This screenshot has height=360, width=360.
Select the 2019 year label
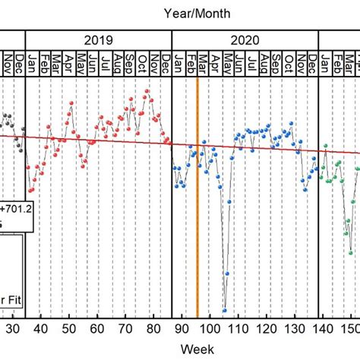pyautogui.click(x=99, y=40)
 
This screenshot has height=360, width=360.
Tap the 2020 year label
pyautogui.click(x=245, y=40)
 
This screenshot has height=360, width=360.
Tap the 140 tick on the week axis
pyautogui.click(x=323, y=328)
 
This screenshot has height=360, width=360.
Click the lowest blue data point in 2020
pyautogui.click(x=225, y=310)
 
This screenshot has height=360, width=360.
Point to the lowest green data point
pyautogui.click(x=350, y=254)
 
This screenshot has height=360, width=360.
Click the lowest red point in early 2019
pyautogui.click(x=30, y=191)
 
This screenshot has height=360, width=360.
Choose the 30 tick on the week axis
pyautogui.click(x=13, y=328)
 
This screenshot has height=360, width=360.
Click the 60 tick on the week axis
pyautogui.click(x=97, y=328)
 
